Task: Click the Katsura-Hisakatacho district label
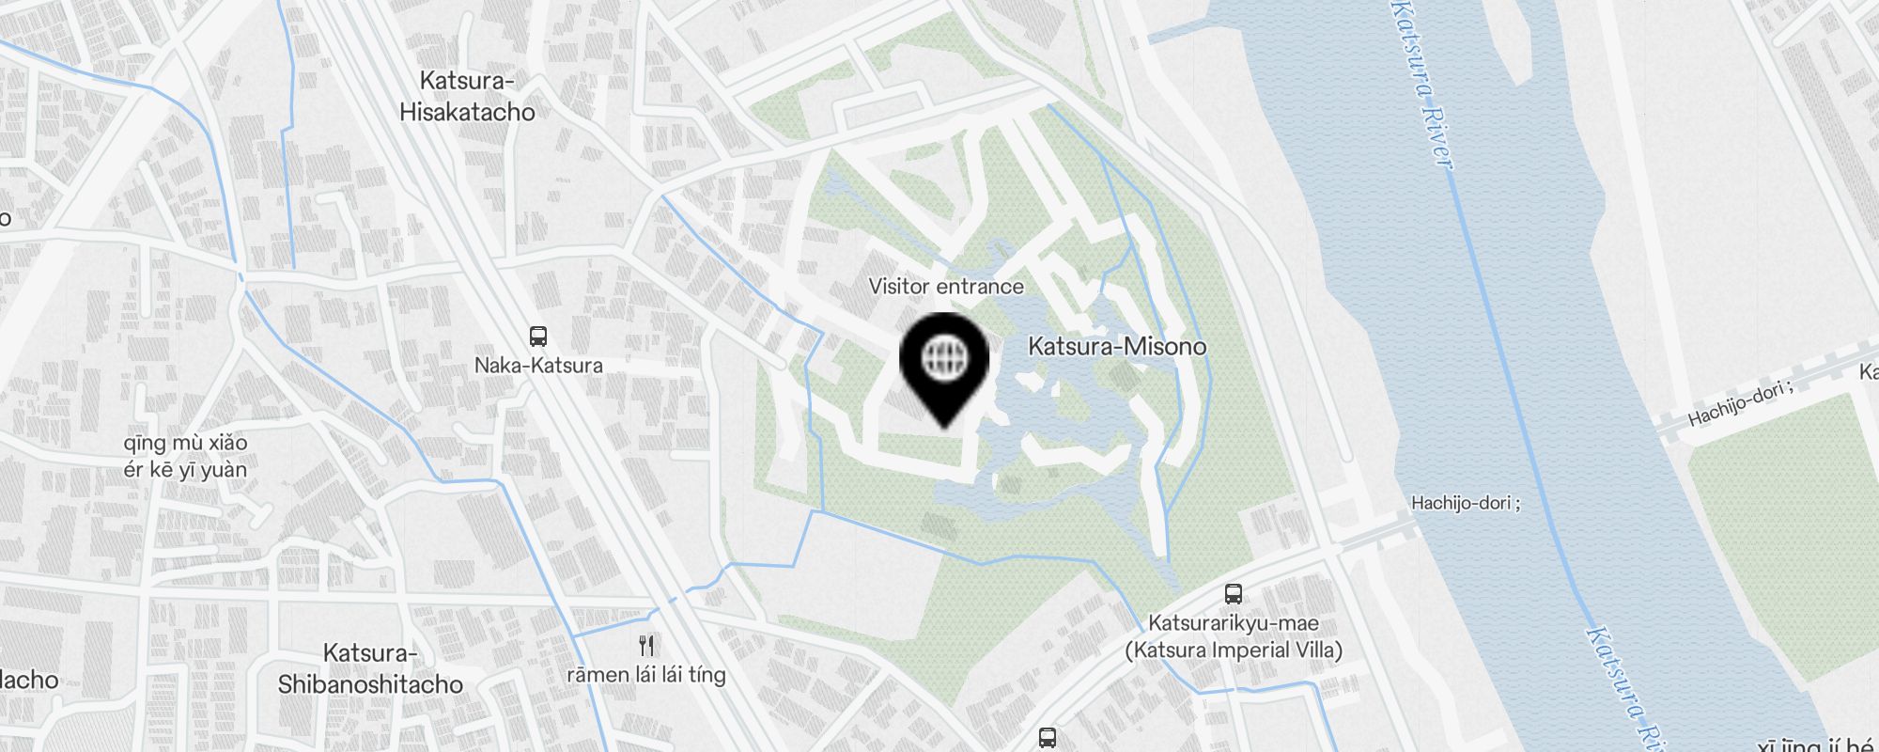point(467,96)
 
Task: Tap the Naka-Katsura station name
point(538,365)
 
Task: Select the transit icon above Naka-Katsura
point(538,337)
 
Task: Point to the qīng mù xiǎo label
point(185,443)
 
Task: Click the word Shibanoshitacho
point(370,683)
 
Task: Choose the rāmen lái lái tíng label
point(646,674)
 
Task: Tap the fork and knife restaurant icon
point(646,646)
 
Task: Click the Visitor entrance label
point(946,286)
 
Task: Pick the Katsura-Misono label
point(1117,346)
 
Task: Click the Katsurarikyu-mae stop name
point(1234,622)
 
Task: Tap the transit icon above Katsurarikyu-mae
point(1234,594)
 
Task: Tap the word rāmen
point(598,674)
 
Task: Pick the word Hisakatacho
point(467,112)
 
